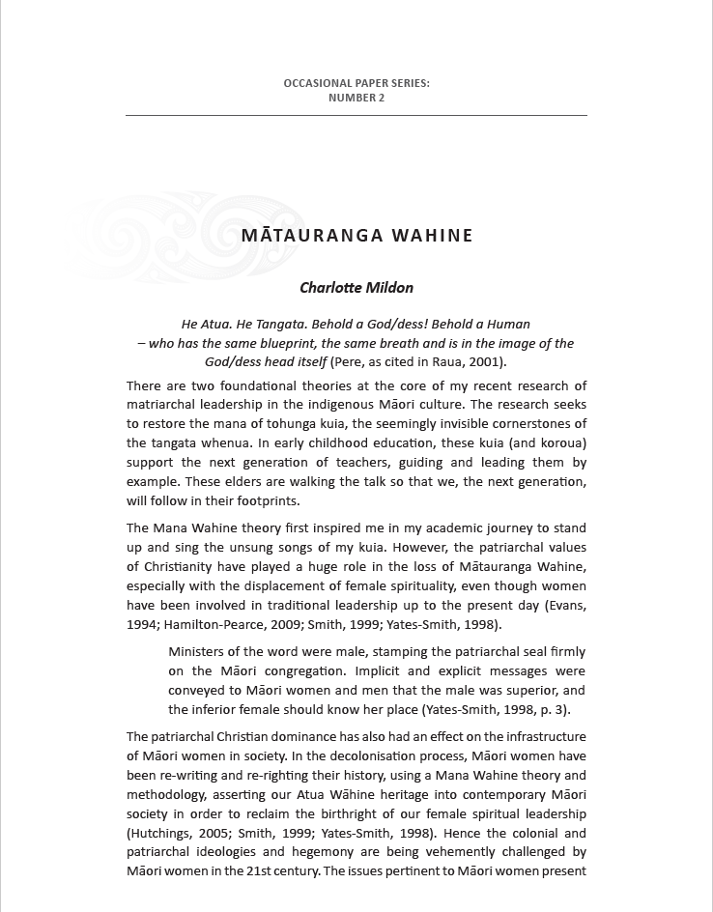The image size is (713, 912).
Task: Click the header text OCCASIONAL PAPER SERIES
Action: tap(356, 84)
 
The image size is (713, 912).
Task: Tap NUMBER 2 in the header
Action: tap(356, 98)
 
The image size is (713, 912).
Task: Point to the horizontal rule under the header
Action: tap(356, 116)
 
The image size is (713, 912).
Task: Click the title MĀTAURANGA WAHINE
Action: tap(356, 235)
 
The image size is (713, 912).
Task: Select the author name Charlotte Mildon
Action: tap(356, 287)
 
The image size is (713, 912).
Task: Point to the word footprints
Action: tap(264, 501)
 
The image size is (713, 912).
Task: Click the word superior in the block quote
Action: tap(532, 691)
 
